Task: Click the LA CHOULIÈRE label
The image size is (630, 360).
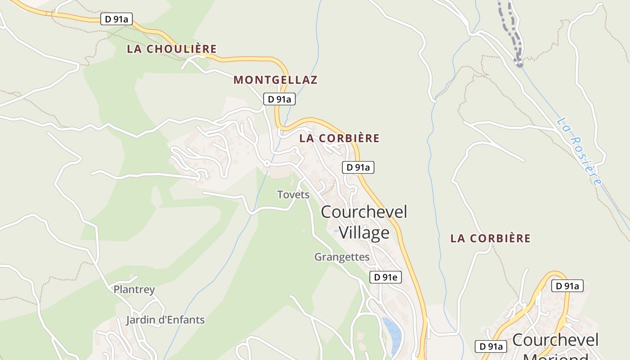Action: click(x=171, y=49)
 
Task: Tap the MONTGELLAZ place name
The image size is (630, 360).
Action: click(x=275, y=80)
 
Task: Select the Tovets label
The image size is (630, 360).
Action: click(x=293, y=194)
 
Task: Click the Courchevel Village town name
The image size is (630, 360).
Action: click(x=364, y=222)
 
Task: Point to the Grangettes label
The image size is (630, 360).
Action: click(x=342, y=257)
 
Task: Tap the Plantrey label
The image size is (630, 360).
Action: click(x=134, y=289)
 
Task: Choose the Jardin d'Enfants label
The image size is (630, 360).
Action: click(x=165, y=320)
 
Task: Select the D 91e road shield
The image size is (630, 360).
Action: click(x=386, y=277)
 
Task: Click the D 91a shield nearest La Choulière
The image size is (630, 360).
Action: click(x=116, y=19)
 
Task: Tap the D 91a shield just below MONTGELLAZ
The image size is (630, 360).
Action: click(x=279, y=99)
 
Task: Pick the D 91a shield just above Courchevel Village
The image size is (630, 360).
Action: click(x=358, y=167)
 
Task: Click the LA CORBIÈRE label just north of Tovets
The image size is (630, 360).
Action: click(x=339, y=139)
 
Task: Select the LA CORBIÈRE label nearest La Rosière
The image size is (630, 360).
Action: click(x=490, y=238)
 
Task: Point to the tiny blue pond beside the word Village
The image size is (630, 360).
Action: click(x=336, y=231)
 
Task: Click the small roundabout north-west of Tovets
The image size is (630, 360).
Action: click(x=266, y=163)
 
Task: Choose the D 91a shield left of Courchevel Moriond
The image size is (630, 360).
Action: click(x=491, y=346)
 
